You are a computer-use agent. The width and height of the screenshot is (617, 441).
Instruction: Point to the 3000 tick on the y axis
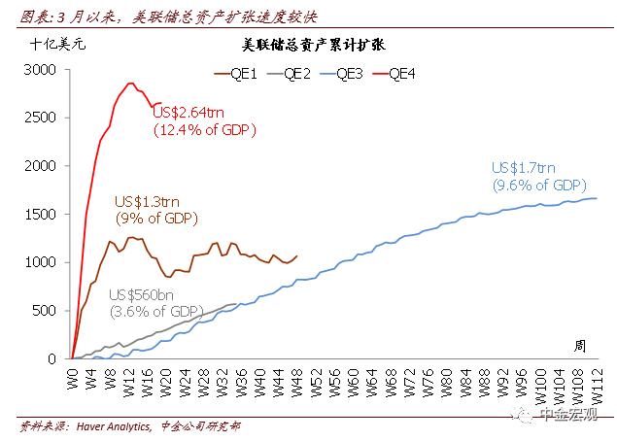click(x=46, y=70)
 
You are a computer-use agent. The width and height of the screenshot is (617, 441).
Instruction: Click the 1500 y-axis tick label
click(x=46, y=214)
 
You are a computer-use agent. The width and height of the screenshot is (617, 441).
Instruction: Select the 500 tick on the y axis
click(x=50, y=310)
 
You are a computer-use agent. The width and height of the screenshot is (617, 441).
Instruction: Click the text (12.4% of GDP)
click(x=201, y=130)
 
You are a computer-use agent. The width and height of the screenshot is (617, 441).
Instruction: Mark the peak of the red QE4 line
click(x=131, y=84)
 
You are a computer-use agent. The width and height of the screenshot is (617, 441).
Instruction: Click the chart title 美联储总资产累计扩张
click(x=308, y=46)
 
